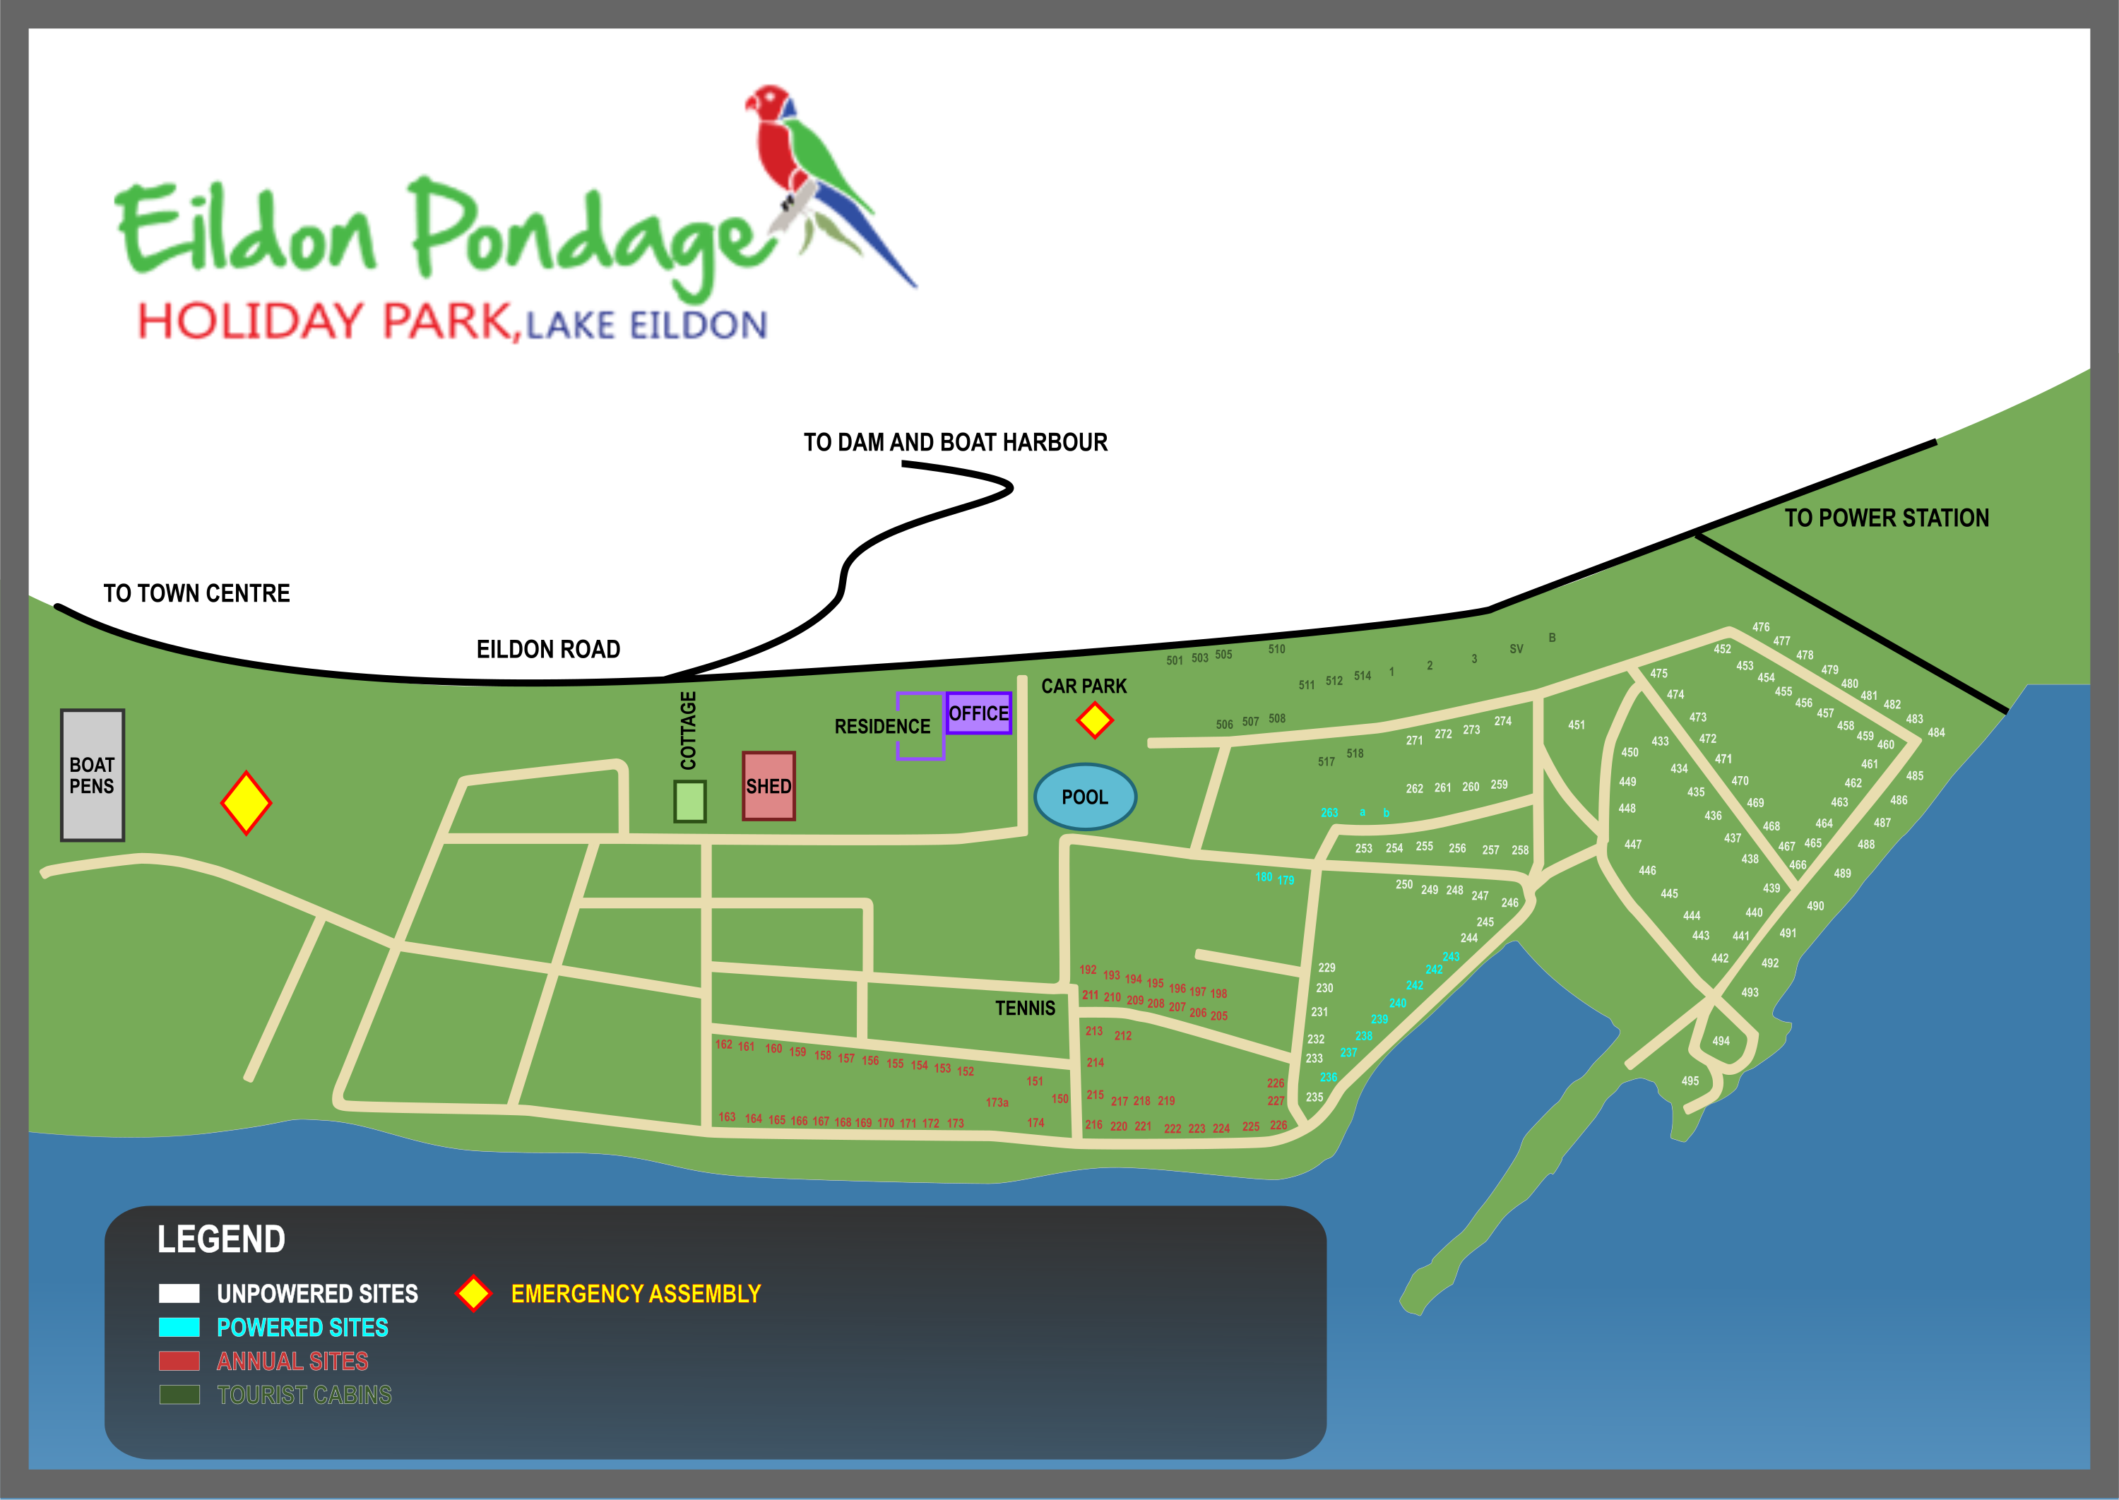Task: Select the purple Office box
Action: coord(978,713)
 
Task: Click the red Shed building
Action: coord(768,786)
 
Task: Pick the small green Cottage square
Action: coord(690,801)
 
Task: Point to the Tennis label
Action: coord(1024,1008)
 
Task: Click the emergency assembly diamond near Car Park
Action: coord(1095,720)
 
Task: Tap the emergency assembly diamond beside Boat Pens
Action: coord(246,803)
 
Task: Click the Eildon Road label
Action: coord(548,649)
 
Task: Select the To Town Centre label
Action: coord(197,593)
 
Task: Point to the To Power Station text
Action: coord(1886,518)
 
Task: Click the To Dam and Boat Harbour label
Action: coord(955,442)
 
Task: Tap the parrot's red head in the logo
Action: coord(768,102)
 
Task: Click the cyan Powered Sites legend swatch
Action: coord(179,1327)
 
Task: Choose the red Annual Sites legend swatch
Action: coord(179,1361)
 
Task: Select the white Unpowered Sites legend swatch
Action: coord(179,1293)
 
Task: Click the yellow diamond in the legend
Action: coord(474,1293)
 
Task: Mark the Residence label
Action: coord(882,727)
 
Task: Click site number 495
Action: coord(1690,1081)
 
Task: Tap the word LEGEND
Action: coord(222,1239)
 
